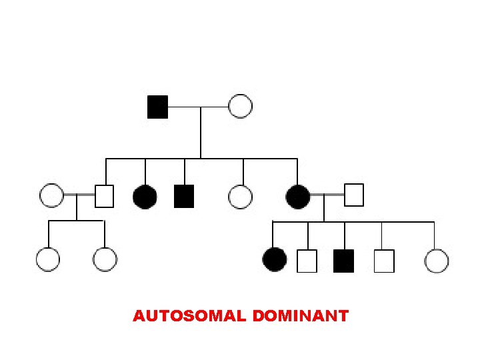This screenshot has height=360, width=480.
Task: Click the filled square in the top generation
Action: pyautogui.click(x=157, y=106)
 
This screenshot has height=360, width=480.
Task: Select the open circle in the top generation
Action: pyautogui.click(x=240, y=106)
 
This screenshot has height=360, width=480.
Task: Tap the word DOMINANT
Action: pyautogui.click(x=301, y=316)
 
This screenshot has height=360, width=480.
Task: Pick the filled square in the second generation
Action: pyautogui.click(x=183, y=196)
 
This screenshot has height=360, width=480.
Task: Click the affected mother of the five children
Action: pyautogui.click(x=297, y=196)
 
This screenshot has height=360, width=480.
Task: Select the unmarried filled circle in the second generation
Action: pyautogui.click(x=145, y=196)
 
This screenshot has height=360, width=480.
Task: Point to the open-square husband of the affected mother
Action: pyautogui.click(x=354, y=195)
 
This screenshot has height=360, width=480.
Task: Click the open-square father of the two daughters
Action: pyautogui.click(x=105, y=196)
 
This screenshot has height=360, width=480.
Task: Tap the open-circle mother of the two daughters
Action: pyautogui.click(x=51, y=195)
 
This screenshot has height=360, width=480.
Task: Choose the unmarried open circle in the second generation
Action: pyautogui.click(x=240, y=196)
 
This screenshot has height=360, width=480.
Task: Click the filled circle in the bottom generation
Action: pyautogui.click(x=275, y=259)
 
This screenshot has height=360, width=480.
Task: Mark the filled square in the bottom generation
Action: pyautogui.click(x=343, y=260)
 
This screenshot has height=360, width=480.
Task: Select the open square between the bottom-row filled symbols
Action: pyautogui.click(x=307, y=261)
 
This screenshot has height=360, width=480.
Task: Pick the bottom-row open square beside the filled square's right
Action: pyautogui.click(x=384, y=261)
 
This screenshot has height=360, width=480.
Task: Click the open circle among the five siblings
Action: pyautogui.click(x=436, y=260)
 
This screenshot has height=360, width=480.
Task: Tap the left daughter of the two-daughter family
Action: pyautogui.click(x=48, y=259)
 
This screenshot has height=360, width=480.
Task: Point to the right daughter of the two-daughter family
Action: pyautogui.click(x=105, y=259)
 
